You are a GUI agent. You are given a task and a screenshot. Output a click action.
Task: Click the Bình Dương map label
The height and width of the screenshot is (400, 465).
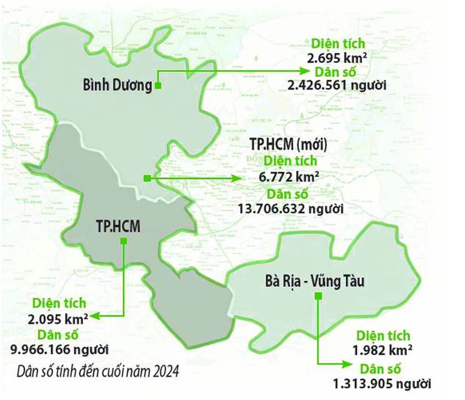click(x=117, y=86)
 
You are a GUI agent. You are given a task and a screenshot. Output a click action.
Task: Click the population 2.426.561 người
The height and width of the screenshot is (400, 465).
click(x=338, y=86)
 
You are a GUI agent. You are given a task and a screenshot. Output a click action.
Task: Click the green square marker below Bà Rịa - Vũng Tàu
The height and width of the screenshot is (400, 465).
click(x=317, y=296)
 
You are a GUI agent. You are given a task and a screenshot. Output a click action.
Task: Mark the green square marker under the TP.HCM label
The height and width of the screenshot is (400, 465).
click(x=126, y=244)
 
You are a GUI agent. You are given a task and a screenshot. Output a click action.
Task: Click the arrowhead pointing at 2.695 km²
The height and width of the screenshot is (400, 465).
click(x=303, y=71)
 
